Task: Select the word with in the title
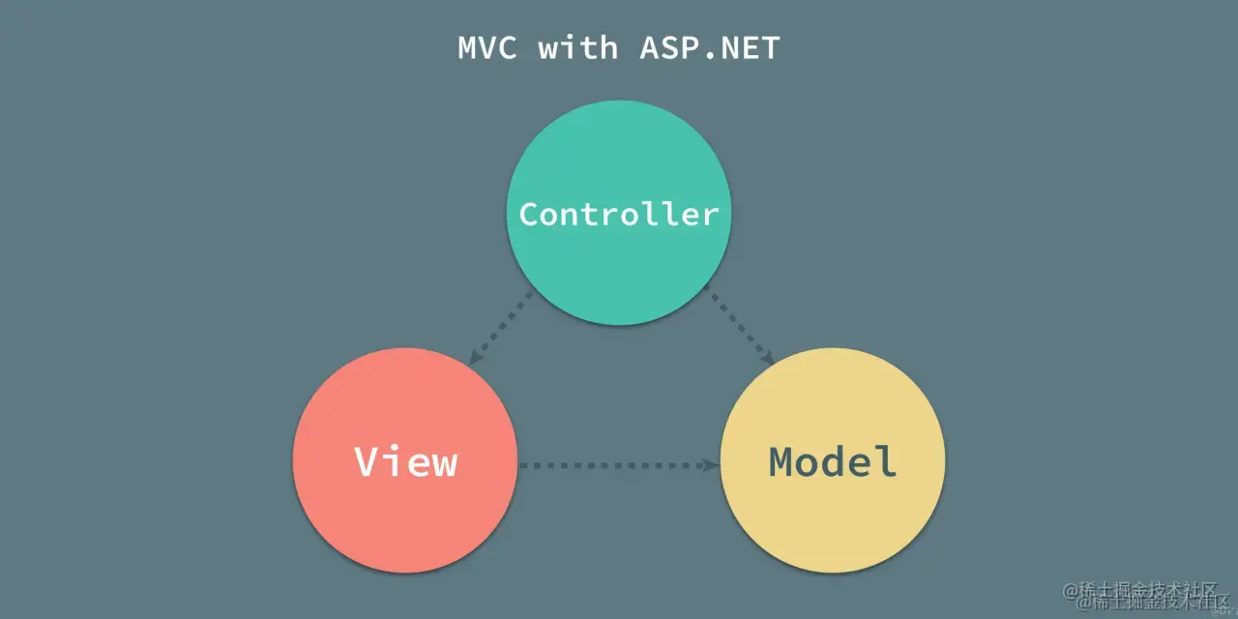click(x=578, y=48)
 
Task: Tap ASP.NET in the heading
click(x=709, y=48)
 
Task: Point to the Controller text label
click(x=619, y=214)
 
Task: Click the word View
click(x=405, y=462)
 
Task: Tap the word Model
click(x=833, y=462)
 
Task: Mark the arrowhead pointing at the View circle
click(x=475, y=359)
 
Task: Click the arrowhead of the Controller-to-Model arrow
click(x=767, y=358)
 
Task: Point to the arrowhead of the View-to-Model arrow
click(x=712, y=465)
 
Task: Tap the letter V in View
click(x=367, y=462)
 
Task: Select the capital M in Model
click(x=782, y=462)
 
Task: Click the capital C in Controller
click(x=530, y=214)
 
